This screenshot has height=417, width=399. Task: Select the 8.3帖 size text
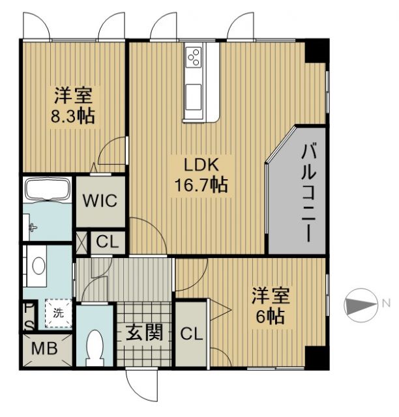click(x=72, y=117)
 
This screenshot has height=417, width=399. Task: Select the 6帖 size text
click(x=269, y=317)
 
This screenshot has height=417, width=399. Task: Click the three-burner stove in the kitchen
click(x=195, y=58)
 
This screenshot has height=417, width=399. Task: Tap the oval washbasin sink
click(x=38, y=266)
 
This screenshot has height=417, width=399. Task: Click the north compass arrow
click(x=361, y=303)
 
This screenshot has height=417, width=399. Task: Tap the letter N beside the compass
click(x=386, y=302)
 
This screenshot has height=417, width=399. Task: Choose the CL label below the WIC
click(x=108, y=242)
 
